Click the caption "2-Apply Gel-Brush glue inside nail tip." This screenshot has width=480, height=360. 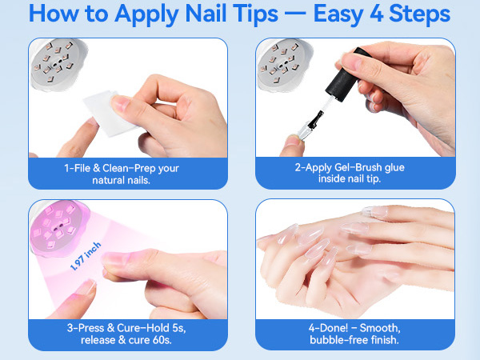(353, 174)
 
